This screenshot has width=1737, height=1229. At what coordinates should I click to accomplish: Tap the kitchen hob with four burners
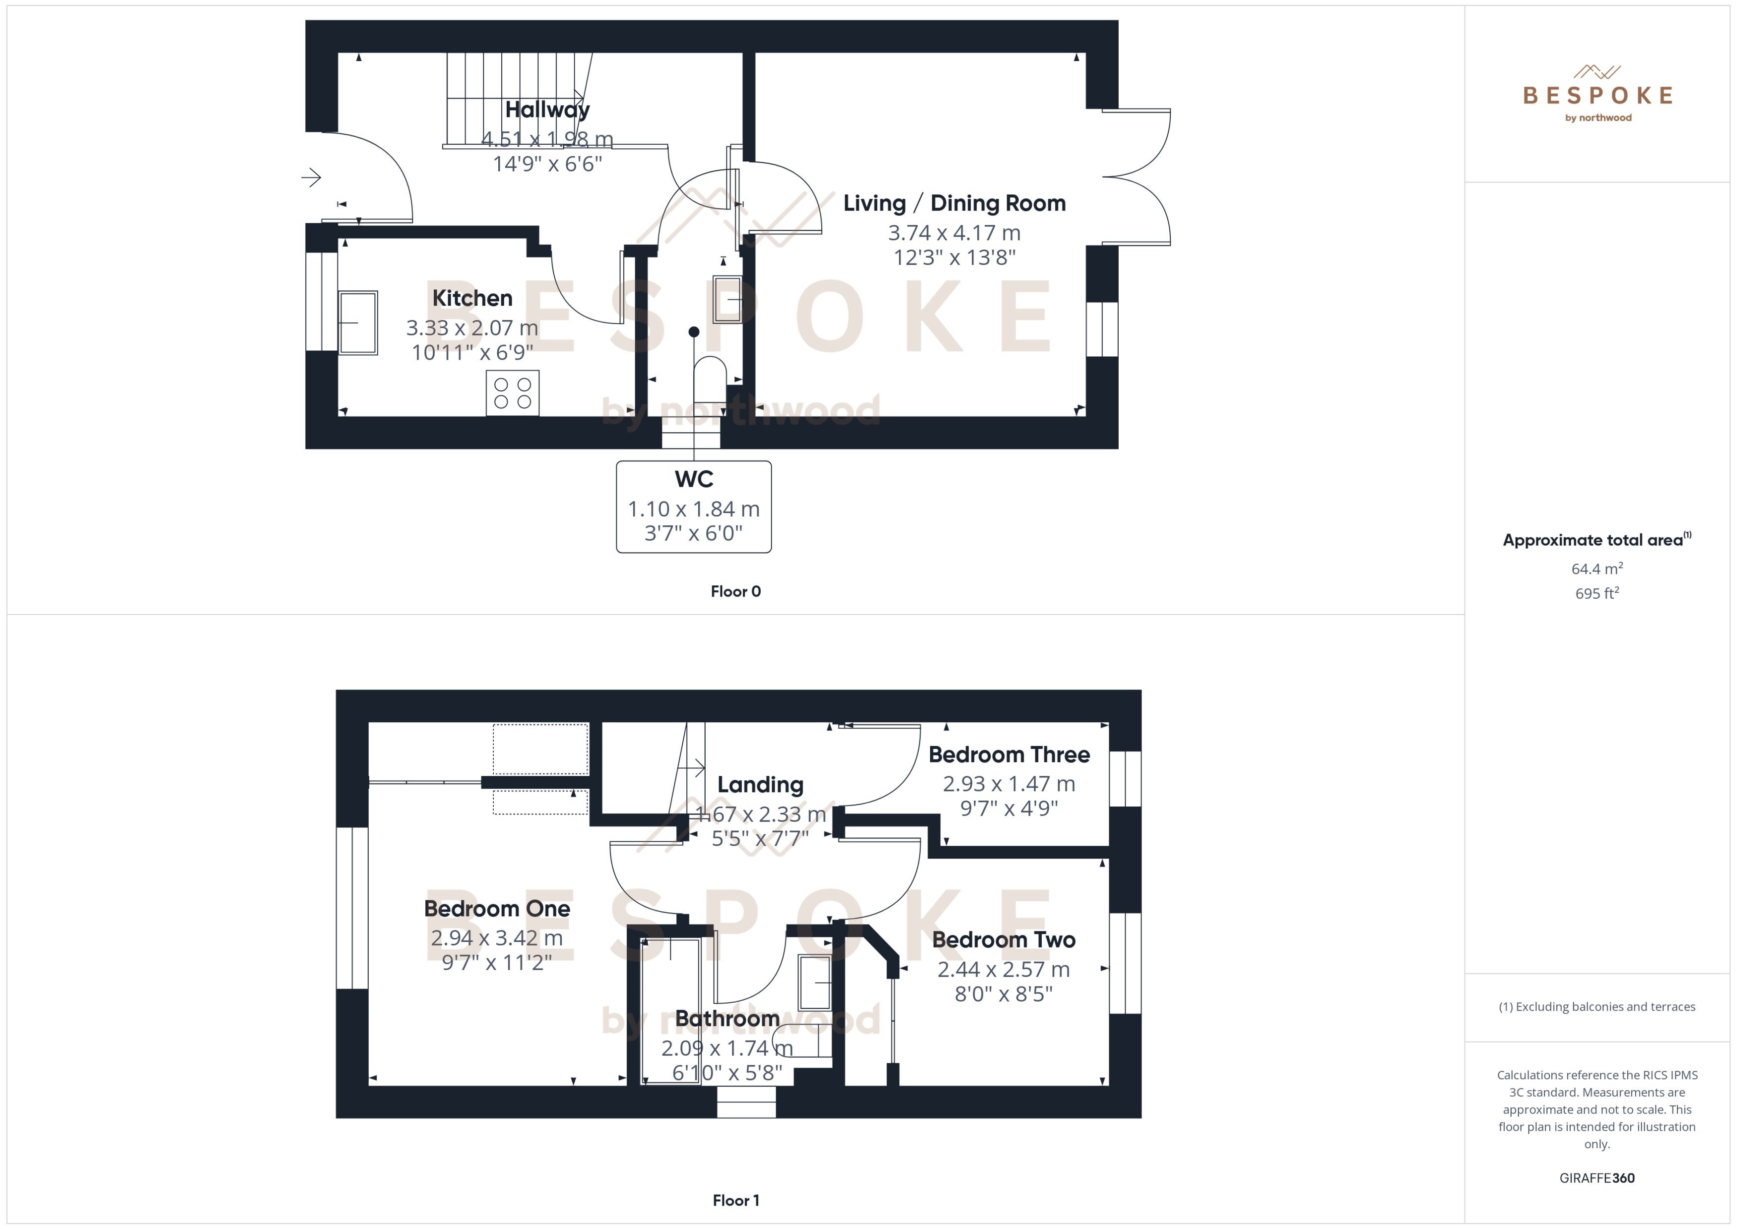[x=512, y=393]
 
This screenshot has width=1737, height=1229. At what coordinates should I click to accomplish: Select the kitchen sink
[x=358, y=323]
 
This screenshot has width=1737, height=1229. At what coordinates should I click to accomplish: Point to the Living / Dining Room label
[x=954, y=203]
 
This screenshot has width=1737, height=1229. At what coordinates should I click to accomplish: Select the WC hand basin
[x=728, y=300]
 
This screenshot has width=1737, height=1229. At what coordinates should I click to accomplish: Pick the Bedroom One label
[x=496, y=908]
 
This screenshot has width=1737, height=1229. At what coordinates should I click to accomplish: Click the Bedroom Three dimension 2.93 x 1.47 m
[x=1008, y=784]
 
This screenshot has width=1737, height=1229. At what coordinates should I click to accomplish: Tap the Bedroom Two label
[x=1003, y=940]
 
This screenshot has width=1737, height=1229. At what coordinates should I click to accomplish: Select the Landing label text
[x=760, y=785]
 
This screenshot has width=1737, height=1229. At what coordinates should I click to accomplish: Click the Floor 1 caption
[x=735, y=1200]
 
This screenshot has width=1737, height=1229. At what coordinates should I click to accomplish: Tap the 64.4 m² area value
[x=1596, y=568]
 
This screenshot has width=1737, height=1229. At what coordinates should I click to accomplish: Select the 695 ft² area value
[x=1596, y=593]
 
